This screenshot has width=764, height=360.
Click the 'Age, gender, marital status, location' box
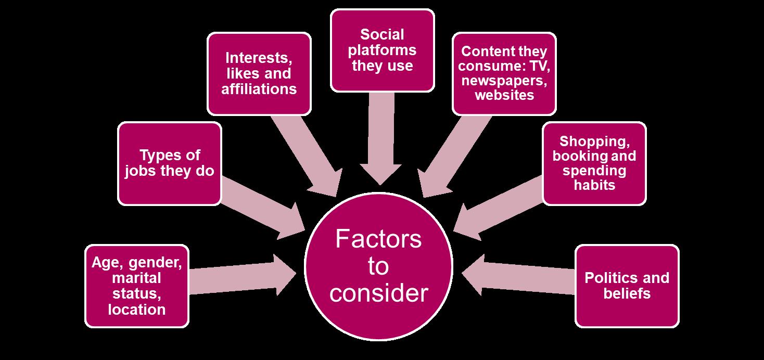click(136, 286)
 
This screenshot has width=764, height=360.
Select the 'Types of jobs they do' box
click(170, 163)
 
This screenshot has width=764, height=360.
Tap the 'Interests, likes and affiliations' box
click(259, 73)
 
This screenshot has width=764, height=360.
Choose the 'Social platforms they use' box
click(382, 50)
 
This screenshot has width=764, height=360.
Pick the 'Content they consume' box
click(504, 73)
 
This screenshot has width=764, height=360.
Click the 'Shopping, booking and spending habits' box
click(594, 163)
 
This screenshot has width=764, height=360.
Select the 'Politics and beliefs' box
click(627, 286)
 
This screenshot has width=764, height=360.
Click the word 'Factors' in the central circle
click(378, 240)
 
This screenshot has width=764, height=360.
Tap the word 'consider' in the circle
click(378, 293)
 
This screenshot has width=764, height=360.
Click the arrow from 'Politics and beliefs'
click(515, 273)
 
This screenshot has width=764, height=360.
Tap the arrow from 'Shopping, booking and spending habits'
click(500, 205)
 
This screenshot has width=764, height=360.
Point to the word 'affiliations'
click(259, 88)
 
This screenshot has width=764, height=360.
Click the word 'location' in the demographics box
click(137, 310)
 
